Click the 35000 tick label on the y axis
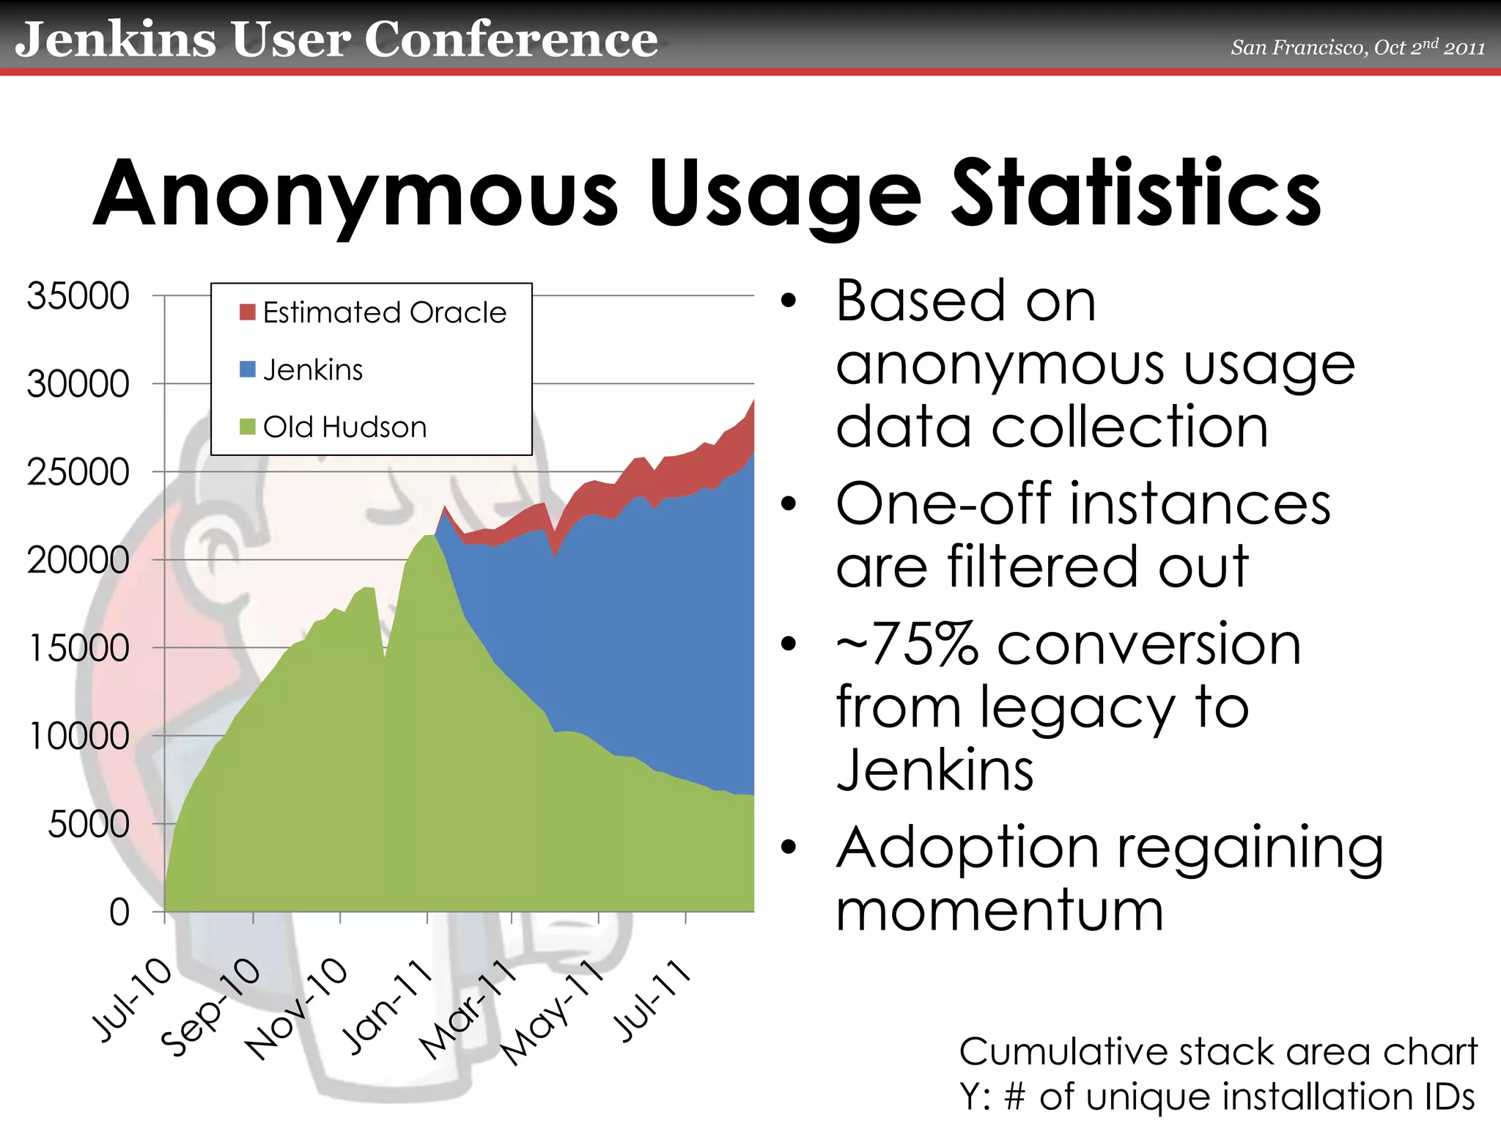[78, 297]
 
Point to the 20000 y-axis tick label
[78, 561]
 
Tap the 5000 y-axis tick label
[88, 825]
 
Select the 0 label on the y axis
[119, 913]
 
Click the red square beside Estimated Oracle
[247, 312]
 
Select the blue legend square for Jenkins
[247, 369]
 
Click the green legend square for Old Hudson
[247, 427]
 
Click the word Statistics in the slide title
[1135, 194]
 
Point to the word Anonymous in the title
[356, 195]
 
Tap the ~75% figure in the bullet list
[907, 644]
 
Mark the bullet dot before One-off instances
[788, 504]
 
